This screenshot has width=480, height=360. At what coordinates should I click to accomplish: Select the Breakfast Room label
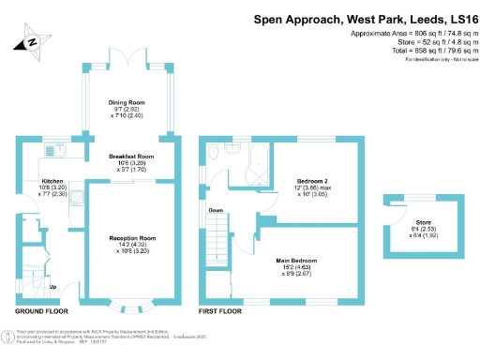130,157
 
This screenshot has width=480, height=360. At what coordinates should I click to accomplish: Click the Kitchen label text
52,181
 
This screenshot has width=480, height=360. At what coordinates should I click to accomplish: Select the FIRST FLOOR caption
222,310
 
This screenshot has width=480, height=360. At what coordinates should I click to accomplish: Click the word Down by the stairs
216,210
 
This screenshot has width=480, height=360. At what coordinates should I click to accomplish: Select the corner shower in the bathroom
251,170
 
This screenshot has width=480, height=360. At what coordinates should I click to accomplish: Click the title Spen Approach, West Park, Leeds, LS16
365,19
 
